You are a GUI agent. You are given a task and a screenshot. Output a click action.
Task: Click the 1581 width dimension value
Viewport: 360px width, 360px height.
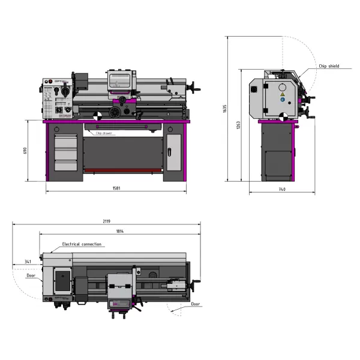[116, 188]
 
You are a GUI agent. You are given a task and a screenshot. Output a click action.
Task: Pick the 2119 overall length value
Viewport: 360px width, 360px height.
[107, 221]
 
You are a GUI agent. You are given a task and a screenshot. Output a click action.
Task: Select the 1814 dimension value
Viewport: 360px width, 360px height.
[120, 231]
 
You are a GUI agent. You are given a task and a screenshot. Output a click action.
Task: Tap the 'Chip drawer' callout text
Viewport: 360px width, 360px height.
[103, 133]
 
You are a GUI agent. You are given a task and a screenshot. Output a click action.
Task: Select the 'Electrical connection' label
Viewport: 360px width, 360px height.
[82, 244]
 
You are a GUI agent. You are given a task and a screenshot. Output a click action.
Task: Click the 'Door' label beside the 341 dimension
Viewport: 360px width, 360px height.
[31, 277]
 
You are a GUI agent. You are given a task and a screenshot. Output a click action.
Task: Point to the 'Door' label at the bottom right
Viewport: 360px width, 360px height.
[196, 304]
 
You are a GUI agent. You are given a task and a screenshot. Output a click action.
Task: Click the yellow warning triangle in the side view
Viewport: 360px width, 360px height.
[282, 95]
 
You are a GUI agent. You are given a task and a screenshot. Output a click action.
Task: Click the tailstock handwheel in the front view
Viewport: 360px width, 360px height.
[194, 90]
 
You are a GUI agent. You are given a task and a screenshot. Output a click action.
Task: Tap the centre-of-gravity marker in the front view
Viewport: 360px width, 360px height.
[97, 116]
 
